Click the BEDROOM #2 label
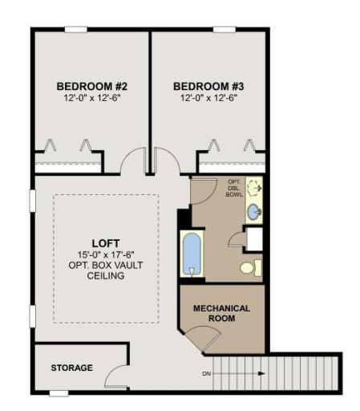[92, 87]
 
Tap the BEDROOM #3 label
[208, 87]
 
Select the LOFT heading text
[106, 243]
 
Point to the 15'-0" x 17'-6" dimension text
[106, 254]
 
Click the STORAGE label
[71, 368]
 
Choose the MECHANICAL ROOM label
[221, 313]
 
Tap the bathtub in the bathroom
[192, 254]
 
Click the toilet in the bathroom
[250, 268]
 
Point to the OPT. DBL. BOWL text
[234, 188]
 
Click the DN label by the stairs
[206, 374]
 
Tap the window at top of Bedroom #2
[76, 30]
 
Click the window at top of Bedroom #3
[224, 30]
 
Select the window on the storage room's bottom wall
[59, 393]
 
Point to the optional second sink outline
[254, 187]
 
